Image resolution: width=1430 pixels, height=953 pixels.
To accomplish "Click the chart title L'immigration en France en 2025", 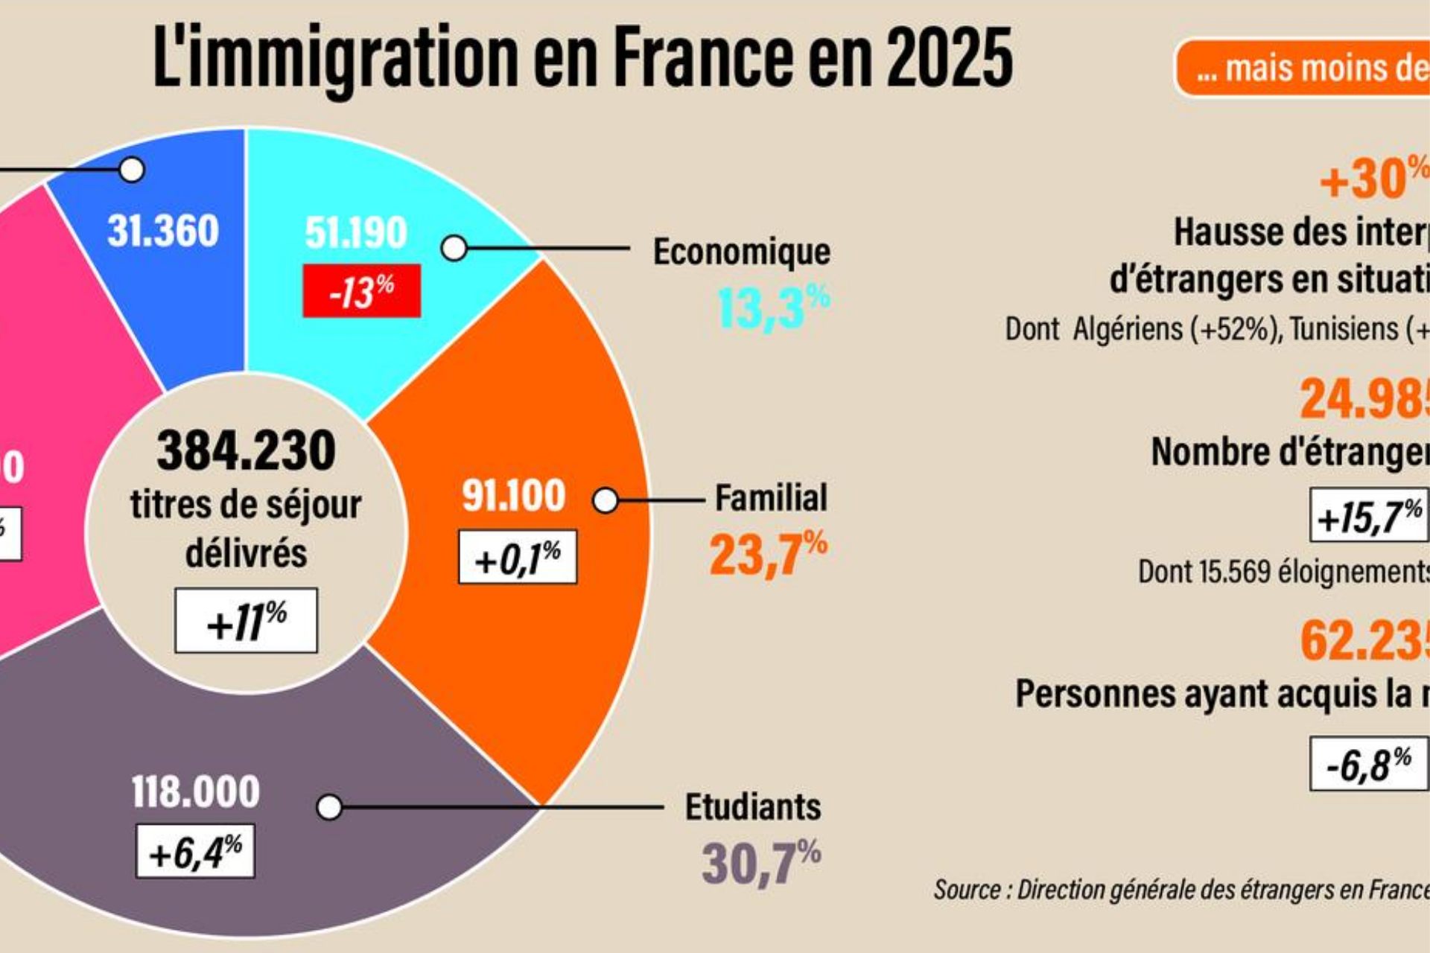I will pyautogui.click(x=582, y=58).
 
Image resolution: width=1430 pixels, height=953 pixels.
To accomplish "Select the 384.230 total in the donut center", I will pyautogui.click(x=246, y=450).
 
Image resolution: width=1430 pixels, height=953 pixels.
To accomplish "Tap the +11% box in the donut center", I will pyautogui.click(x=246, y=621).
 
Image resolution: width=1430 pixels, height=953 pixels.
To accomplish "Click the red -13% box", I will pyautogui.click(x=361, y=290).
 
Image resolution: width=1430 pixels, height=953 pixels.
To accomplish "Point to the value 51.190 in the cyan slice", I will pyautogui.click(x=356, y=232).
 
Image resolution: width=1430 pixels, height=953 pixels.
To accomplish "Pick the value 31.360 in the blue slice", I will pyautogui.click(x=163, y=230).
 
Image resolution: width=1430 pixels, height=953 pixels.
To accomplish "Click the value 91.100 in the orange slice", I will pyautogui.click(x=514, y=495).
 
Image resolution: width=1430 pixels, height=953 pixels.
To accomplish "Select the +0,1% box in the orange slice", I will pyautogui.click(x=518, y=557).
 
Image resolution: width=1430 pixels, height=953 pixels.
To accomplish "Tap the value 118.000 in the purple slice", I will pyautogui.click(x=196, y=791).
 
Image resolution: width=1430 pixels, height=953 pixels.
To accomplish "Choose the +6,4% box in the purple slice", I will pyautogui.click(x=195, y=851).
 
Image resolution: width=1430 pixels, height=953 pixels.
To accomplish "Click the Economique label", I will pyautogui.click(x=741, y=252).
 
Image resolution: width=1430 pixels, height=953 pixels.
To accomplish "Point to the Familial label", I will pyautogui.click(x=771, y=497).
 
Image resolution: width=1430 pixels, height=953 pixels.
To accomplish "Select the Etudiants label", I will pyautogui.click(x=753, y=807).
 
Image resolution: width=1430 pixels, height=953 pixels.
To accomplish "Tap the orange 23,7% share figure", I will pyautogui.click(x=768, y=554).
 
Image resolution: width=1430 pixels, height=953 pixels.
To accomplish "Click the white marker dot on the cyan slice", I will pyautogui.click(x=454, y=249).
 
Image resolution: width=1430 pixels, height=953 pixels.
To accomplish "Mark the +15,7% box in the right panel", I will pyautogui.click(x=1369, y=515).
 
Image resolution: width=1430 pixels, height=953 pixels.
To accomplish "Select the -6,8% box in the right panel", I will pyautogui.click(x=1369, y=763).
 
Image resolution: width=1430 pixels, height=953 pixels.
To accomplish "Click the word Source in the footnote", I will pyautogui.click(x=967, y=890).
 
